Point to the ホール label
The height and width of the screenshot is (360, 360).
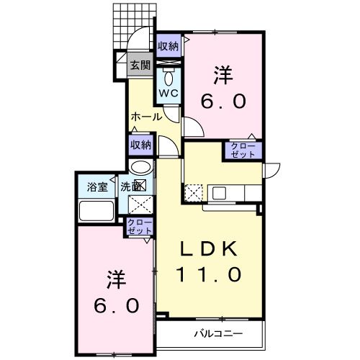point(145,115)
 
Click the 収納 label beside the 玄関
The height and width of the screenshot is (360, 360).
point(168,45)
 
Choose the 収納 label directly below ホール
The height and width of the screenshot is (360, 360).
point(141,144)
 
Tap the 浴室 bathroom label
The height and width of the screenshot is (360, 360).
point(96,184)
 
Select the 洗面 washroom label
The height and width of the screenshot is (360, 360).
point(131,184)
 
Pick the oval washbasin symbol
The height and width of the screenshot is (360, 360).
point(140,166)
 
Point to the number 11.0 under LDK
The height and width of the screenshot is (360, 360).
point(208,274)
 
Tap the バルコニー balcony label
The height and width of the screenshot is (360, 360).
point(218,333)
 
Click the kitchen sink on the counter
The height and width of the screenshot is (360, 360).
point(219,193)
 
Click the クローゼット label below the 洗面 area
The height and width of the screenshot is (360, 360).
point(140,228)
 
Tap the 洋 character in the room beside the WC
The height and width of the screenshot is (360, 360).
point(222,73)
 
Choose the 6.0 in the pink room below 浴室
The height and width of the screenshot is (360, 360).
point(114,305)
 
